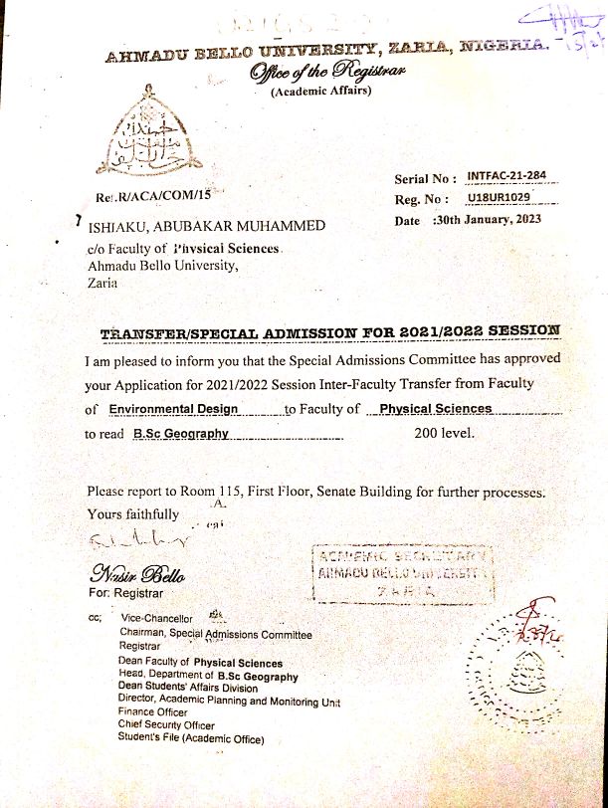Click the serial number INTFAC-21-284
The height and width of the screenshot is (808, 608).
[507, 177]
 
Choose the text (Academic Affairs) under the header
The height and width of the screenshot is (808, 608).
[320, 93]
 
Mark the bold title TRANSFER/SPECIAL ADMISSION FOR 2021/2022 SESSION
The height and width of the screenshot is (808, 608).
[330, 330]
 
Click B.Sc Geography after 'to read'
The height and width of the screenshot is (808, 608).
[181, 434]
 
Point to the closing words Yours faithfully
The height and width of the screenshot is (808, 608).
[133, 514]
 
